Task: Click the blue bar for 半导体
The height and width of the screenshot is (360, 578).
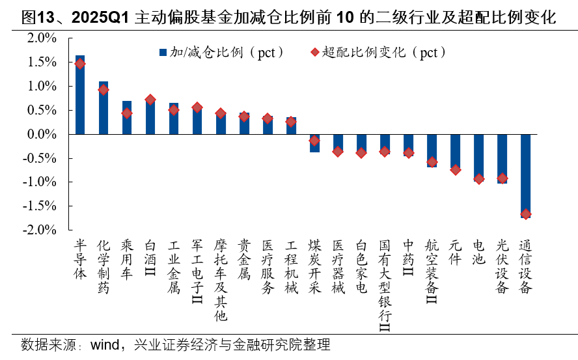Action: click(80, 95)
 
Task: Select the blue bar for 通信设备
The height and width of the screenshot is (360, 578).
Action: click(525, 176)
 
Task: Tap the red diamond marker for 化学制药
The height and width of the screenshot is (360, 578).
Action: click(103, 90)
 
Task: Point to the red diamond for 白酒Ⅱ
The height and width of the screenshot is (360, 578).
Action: click(150, 100)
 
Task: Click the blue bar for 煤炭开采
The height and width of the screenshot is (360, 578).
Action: click(314, 143)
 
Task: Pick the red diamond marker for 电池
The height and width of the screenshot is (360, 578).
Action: click(478, 178)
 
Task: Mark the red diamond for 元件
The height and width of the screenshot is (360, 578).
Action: click(455, 169)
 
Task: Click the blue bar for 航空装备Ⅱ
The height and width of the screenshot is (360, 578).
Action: click(432, 150)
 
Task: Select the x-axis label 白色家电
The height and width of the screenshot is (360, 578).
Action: click(361, 267)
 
